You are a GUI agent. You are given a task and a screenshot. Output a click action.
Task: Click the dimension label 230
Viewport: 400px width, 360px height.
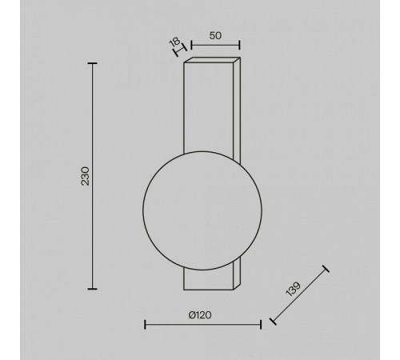click(x=86, y=176)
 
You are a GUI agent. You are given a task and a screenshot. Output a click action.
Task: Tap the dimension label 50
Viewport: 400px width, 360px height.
click(x=215, y=36)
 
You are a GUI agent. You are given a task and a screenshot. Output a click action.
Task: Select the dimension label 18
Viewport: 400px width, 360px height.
click(x=174, y=42)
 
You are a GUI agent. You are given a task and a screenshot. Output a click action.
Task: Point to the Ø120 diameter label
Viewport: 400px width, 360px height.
click(x=200, y=315)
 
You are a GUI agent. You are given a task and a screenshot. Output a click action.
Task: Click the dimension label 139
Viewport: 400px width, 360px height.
click(x=293, y=289)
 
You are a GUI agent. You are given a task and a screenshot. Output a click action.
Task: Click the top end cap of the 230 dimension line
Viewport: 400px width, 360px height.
click(x=92, y=63)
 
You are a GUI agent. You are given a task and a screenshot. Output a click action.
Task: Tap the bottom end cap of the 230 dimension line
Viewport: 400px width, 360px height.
click(x=92, y=289)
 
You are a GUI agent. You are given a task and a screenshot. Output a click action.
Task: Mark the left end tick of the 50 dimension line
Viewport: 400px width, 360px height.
click(x=191, y=45)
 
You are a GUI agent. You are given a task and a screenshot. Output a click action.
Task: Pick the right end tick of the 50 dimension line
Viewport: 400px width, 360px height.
click(x=239, y=45)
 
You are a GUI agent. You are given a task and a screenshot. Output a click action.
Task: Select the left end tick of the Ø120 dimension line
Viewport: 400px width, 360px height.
click(x=145, y=325)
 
